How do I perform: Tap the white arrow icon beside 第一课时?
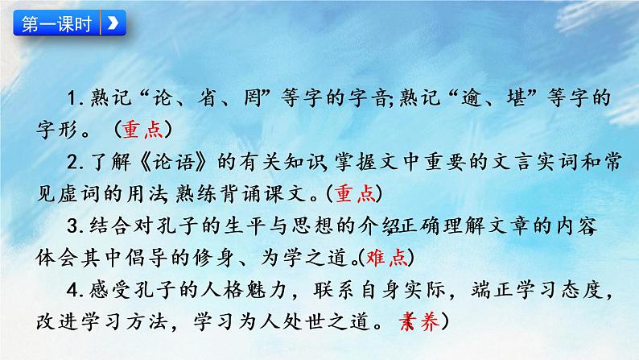pos(113,23)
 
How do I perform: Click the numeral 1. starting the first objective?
pos(78,99)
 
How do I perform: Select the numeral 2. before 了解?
pos(78,161)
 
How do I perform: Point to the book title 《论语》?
pos(164,161)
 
